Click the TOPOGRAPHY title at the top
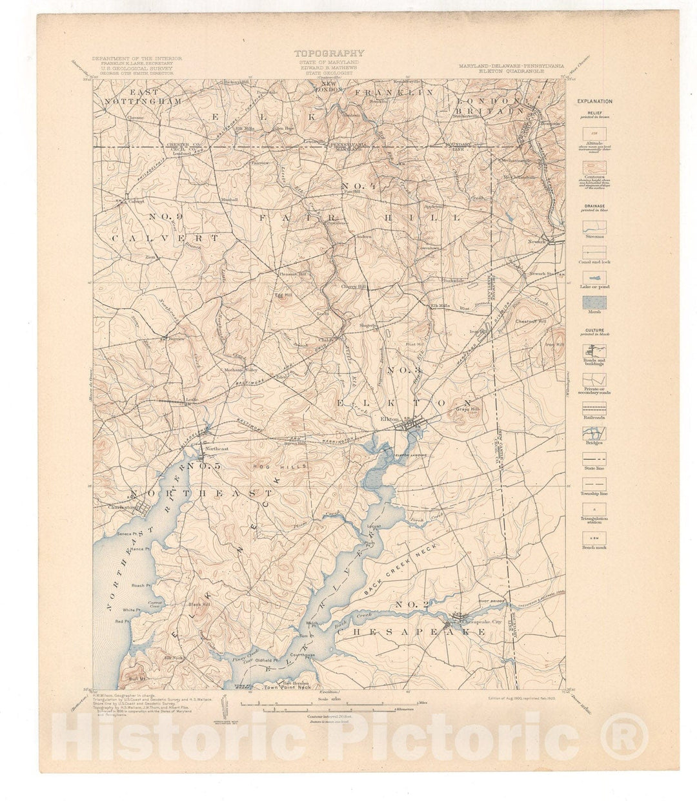(329, 54)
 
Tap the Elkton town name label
(389, 419)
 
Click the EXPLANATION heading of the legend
(595, 101)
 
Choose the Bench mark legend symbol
(593, 536)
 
